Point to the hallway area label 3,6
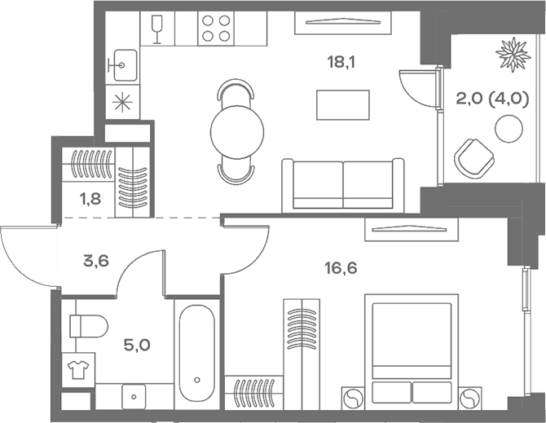(97, 262)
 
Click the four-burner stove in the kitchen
(216, 29)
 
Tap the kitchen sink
(124, 62)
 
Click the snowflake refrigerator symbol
(122, 104)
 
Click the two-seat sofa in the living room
(343, 185)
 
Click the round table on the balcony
(509, 129)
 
